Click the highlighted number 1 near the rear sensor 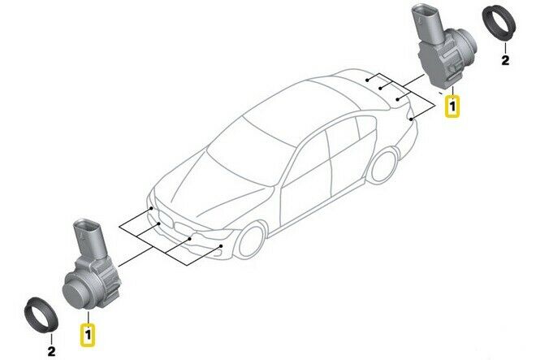tap(452, 106)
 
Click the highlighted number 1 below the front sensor tap(88, 335)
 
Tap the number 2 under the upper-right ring tap(505, 61)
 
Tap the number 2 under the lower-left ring tap(51, 350)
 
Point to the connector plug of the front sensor tap(89, 238)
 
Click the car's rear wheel tap(384, 165)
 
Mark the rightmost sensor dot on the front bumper tap(221, 246)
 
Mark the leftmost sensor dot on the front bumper tap(151, 208)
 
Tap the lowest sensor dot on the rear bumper tap(411, 119)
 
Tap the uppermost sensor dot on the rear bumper tap(366, 80)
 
